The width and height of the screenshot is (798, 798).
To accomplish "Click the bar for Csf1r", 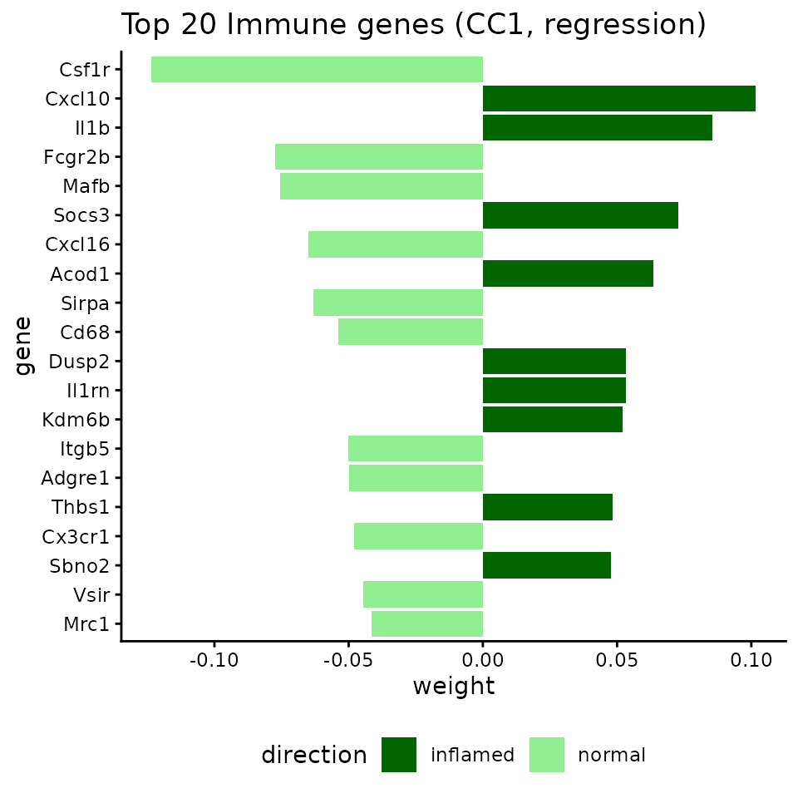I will [x=317, y=69].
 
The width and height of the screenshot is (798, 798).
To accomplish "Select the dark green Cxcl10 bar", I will [x=618, y=98].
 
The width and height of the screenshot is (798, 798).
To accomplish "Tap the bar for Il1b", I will [x=597, y=128].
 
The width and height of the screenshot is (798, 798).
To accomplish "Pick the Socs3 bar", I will [x=580, y=215].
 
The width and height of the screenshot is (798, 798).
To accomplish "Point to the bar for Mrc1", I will [x=426, y=623].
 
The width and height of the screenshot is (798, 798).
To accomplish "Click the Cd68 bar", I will [x=410, y=332].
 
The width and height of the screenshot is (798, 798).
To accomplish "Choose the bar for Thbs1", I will [x=547, y=507].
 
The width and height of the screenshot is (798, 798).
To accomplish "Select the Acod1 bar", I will [x=568, y=273].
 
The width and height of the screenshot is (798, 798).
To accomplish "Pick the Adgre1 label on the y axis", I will [x=76, y=478].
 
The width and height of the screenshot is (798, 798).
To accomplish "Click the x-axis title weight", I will [x=453, y=687].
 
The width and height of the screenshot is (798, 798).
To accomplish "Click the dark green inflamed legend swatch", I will [x=399, y=755].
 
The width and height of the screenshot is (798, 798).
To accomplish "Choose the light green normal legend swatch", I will [x=547, y=755].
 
